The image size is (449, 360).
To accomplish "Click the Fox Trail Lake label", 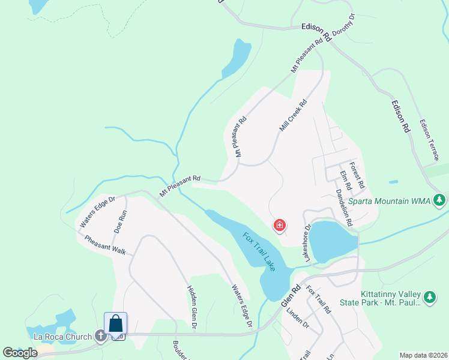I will point(259,251).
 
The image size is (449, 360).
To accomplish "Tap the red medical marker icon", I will point(279,226).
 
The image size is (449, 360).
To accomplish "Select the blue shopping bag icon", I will point(115,324).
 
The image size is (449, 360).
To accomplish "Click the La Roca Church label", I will point(62,337).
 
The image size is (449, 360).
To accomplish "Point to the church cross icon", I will point(100,337).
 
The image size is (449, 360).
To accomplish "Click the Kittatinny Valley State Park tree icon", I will point(429,296).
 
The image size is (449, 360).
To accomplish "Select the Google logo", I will point(20,352).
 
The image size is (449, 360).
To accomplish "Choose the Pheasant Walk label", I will point(105,245).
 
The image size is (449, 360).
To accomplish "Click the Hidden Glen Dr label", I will point(193,307).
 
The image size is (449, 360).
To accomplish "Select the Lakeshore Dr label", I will point(307,243).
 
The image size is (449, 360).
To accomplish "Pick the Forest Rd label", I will point(357,175).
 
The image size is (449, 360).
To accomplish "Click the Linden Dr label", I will point(297,319).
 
